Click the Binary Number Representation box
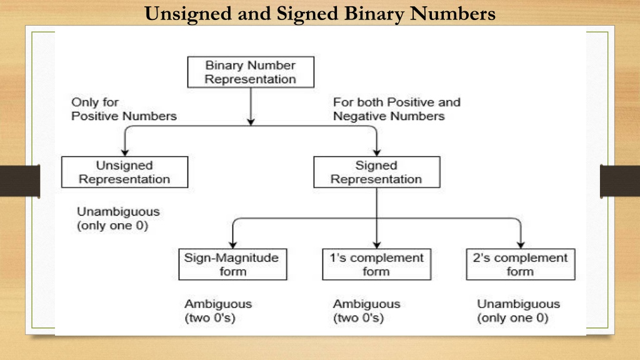pyautogui.click(x=251, y=72)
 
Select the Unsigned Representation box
pyautogui.click(x=124, y=172)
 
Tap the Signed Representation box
pyautogui.click(x=377, y=172)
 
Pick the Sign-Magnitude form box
pyautogui.click(x=232, y=264)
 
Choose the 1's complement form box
pyautogui.click(x=377, y=264)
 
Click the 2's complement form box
pyautogui.click(x=521, y=264)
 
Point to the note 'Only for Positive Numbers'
pyautogui.click(x=124, y=109)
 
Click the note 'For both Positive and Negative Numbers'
pyautogui.click(x=397, y=109)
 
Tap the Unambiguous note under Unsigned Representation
pyautogui.click(x=118, y=218)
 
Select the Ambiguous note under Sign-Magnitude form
pyautogui.click(x=218, y=311)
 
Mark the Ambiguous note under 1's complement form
pyautogui.click(x=366, y=311)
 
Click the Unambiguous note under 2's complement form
pyautogui.click(x=518, y=311)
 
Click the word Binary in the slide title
pyautogui.click(x=373, y=14)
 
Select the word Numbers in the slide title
pyautogui.click(x=452, y=13)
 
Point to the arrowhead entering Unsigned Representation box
pyautogui.click(x=125, y=152)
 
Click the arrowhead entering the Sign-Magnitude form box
pyautogui.click(x=232, y=245)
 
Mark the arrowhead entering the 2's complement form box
pyautogui.click(x=521, y=245)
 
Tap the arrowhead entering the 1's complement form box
pyautogui.click(x=377, y=245)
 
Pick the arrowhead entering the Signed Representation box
pyautogui.click(x=377, y=152)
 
